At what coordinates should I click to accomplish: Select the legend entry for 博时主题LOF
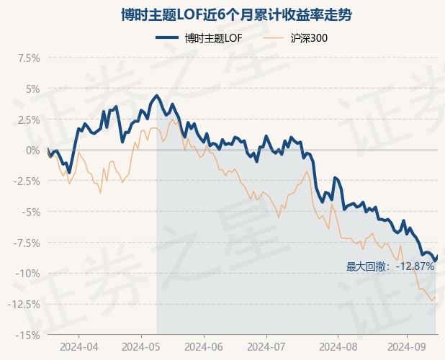pos(199,38)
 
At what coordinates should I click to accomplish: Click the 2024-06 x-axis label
pos(204,346)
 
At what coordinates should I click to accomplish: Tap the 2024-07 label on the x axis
pos(266,346)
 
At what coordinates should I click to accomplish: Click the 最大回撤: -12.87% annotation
pos(390,266)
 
